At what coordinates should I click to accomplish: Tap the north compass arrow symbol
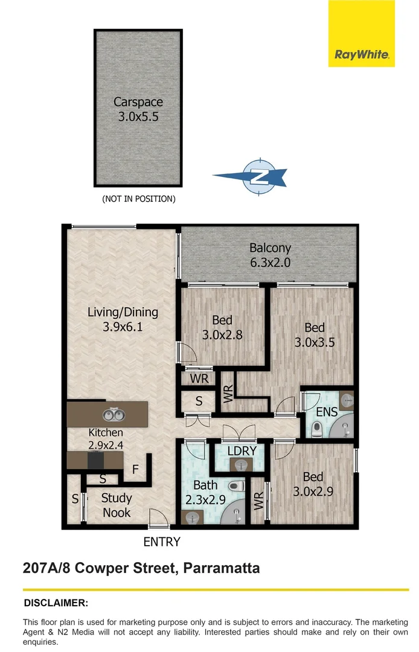tap(254, 177)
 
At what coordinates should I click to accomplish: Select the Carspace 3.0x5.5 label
tap(138, 109)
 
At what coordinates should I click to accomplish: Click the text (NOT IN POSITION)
tap(138, 199)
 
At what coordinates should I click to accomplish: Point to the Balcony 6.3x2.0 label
tap(270, 255)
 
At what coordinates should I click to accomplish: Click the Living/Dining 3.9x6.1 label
tap(123, 320)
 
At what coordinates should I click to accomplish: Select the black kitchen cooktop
tap(95, 461)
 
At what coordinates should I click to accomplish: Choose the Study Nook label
tap(117, 505)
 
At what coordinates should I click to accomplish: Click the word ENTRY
tap(161, 542)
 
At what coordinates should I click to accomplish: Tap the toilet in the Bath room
tap(236, 485)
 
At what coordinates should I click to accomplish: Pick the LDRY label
tap(242, 450)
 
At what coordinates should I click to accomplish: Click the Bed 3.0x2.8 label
tap(222, 327)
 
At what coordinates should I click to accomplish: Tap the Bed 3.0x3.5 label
tap(314, 335)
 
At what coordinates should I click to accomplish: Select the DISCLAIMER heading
tap(56, 602)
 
